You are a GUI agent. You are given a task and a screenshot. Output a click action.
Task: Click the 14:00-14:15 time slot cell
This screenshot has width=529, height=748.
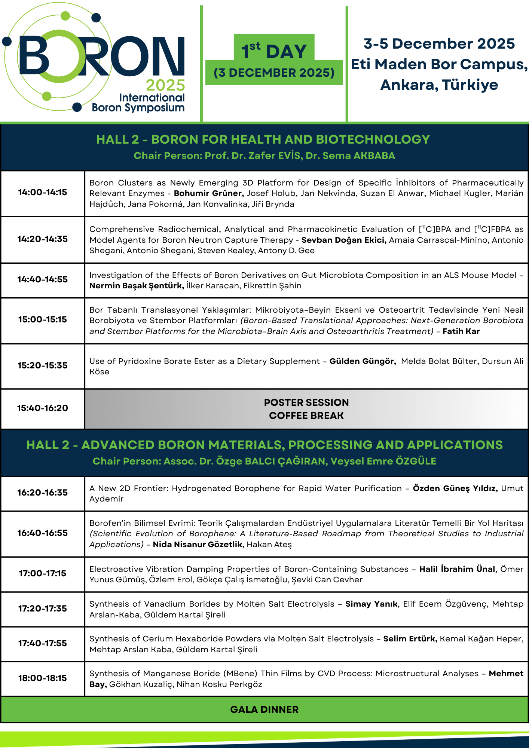(x=43, y=193)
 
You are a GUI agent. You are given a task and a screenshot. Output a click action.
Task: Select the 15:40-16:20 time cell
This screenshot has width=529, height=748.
(x=43, y=408)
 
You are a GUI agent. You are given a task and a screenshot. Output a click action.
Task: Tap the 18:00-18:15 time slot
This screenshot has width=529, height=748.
(x=43, y=678)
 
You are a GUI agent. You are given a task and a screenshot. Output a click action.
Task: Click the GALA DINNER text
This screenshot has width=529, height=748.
(x=264, y=709)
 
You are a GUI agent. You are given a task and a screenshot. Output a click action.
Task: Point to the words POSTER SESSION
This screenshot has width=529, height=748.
(x=306, y=402)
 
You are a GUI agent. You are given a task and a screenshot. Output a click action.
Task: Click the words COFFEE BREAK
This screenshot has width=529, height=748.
(x=306, y=416)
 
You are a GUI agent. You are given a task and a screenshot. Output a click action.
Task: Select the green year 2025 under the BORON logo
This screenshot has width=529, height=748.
(x=165, y=86)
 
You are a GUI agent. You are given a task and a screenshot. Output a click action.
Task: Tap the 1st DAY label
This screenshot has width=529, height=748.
(x=274, y=51)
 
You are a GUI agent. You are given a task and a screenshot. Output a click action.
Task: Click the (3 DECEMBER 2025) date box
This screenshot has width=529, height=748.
(x=274, y=73)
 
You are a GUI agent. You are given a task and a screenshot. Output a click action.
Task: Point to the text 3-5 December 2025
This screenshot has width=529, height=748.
(x=439, y=44)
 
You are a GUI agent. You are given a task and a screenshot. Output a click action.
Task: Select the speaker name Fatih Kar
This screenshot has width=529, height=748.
(x=461, y=331)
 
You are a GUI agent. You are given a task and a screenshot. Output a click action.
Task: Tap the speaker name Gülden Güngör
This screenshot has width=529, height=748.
(x=363, y=361)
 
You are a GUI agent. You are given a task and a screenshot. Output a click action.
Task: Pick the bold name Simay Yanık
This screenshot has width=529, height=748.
(x=371, y=604)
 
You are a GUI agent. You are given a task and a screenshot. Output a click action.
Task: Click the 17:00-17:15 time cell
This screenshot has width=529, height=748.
(x=43, y=573)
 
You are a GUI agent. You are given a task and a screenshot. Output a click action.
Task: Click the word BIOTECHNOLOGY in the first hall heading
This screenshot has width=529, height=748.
(x=373, y=140)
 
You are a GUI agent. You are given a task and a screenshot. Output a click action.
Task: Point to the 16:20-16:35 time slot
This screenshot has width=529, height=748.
(x=43, y=493)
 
